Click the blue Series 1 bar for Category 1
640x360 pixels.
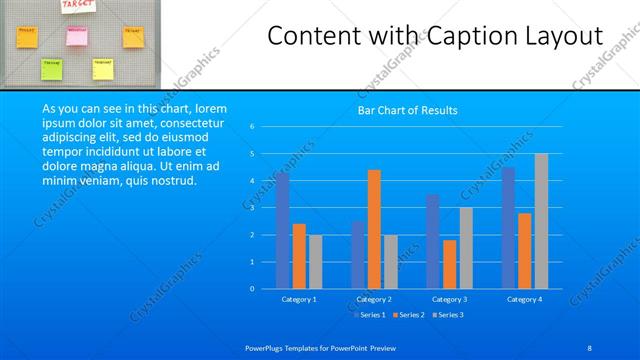coord(283,231)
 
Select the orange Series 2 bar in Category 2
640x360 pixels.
coord(374,229)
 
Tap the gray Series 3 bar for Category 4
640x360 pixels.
coord(541,221)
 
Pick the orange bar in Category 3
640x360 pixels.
coord(449,264)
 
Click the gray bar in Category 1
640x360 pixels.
coord(315,262)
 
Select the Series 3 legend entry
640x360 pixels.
coord(450,314)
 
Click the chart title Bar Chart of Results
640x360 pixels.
coord(408,110)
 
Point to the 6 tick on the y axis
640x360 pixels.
coord(252,127)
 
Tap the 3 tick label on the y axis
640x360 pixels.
coord(252,208)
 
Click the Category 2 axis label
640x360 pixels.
coord(374,299)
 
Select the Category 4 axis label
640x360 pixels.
coord(524,299)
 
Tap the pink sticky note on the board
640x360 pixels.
coord(77,36)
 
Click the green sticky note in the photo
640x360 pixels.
coord(51,68)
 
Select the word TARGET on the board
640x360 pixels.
coord(78,5)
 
